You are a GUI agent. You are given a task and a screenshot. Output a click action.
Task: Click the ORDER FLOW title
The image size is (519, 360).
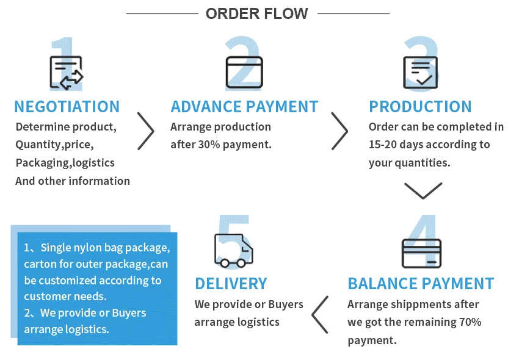pos(257,13)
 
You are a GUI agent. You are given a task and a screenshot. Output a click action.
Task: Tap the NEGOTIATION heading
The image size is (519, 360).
pos(67,107)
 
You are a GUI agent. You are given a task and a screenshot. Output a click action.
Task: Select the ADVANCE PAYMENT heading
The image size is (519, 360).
pos(244,107)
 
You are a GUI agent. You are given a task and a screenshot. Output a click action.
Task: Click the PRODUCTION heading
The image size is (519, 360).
pos(420,107)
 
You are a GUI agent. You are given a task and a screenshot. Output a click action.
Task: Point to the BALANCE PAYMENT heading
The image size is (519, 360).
pos(421,284)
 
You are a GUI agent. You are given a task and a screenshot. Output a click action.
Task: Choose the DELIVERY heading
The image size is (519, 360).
pos(231,284)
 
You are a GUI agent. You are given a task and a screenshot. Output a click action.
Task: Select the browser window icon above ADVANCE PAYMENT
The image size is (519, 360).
pos(244,73)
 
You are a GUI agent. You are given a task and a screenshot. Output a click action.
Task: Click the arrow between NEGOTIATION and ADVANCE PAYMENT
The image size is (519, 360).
pos(145,131)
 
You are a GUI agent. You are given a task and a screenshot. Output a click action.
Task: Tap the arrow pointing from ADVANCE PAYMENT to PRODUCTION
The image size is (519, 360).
pos(339,131)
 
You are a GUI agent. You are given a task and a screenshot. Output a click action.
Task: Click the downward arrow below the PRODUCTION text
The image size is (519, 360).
pos(423,190)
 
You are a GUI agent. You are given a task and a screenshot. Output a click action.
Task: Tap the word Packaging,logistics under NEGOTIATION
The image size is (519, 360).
pos(65,163)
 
